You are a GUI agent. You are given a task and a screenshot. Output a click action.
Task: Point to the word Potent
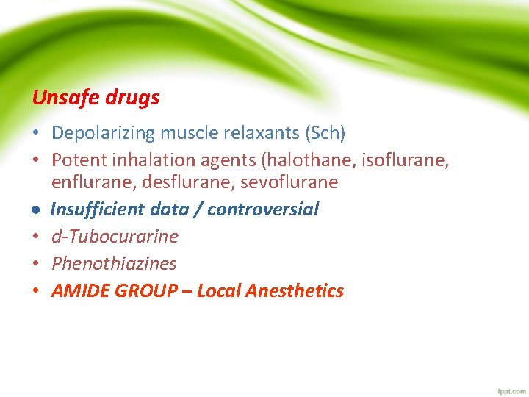(x=77, y=160)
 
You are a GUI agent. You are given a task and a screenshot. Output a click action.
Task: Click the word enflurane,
(x=84, y=182)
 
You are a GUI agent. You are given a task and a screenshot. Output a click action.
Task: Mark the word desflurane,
(x=168, y=182)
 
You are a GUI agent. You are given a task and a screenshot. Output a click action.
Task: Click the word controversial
(x=263, y=210)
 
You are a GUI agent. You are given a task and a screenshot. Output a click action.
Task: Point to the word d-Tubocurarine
(x=115, y=237)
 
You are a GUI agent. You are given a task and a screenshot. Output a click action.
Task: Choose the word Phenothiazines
(x=114, y=263)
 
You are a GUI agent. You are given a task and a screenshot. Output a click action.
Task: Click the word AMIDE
(x=79, y=291)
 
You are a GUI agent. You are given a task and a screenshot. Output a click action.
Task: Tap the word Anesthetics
(x=295, y=291)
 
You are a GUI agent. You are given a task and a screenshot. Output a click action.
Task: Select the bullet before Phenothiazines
(x=35, y=264)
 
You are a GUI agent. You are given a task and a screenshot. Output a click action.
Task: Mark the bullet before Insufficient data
(x=35, y=210)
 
